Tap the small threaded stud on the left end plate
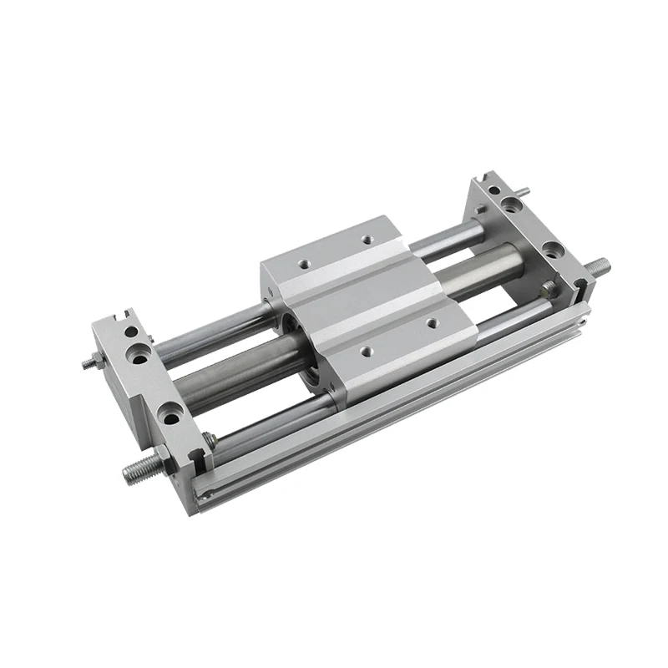pyautogui.click(x=88, y=364)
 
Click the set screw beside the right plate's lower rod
pyautogui.click(x=547, y=290)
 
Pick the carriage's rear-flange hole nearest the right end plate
pyautogui.click(x=367, y=240)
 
